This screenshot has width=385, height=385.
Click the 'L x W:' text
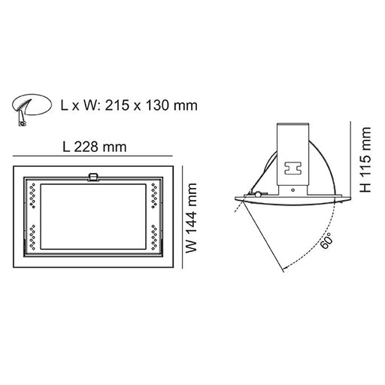(78, 106)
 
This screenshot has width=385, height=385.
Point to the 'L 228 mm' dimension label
(95, 148)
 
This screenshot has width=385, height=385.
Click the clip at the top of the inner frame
(94, 178)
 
